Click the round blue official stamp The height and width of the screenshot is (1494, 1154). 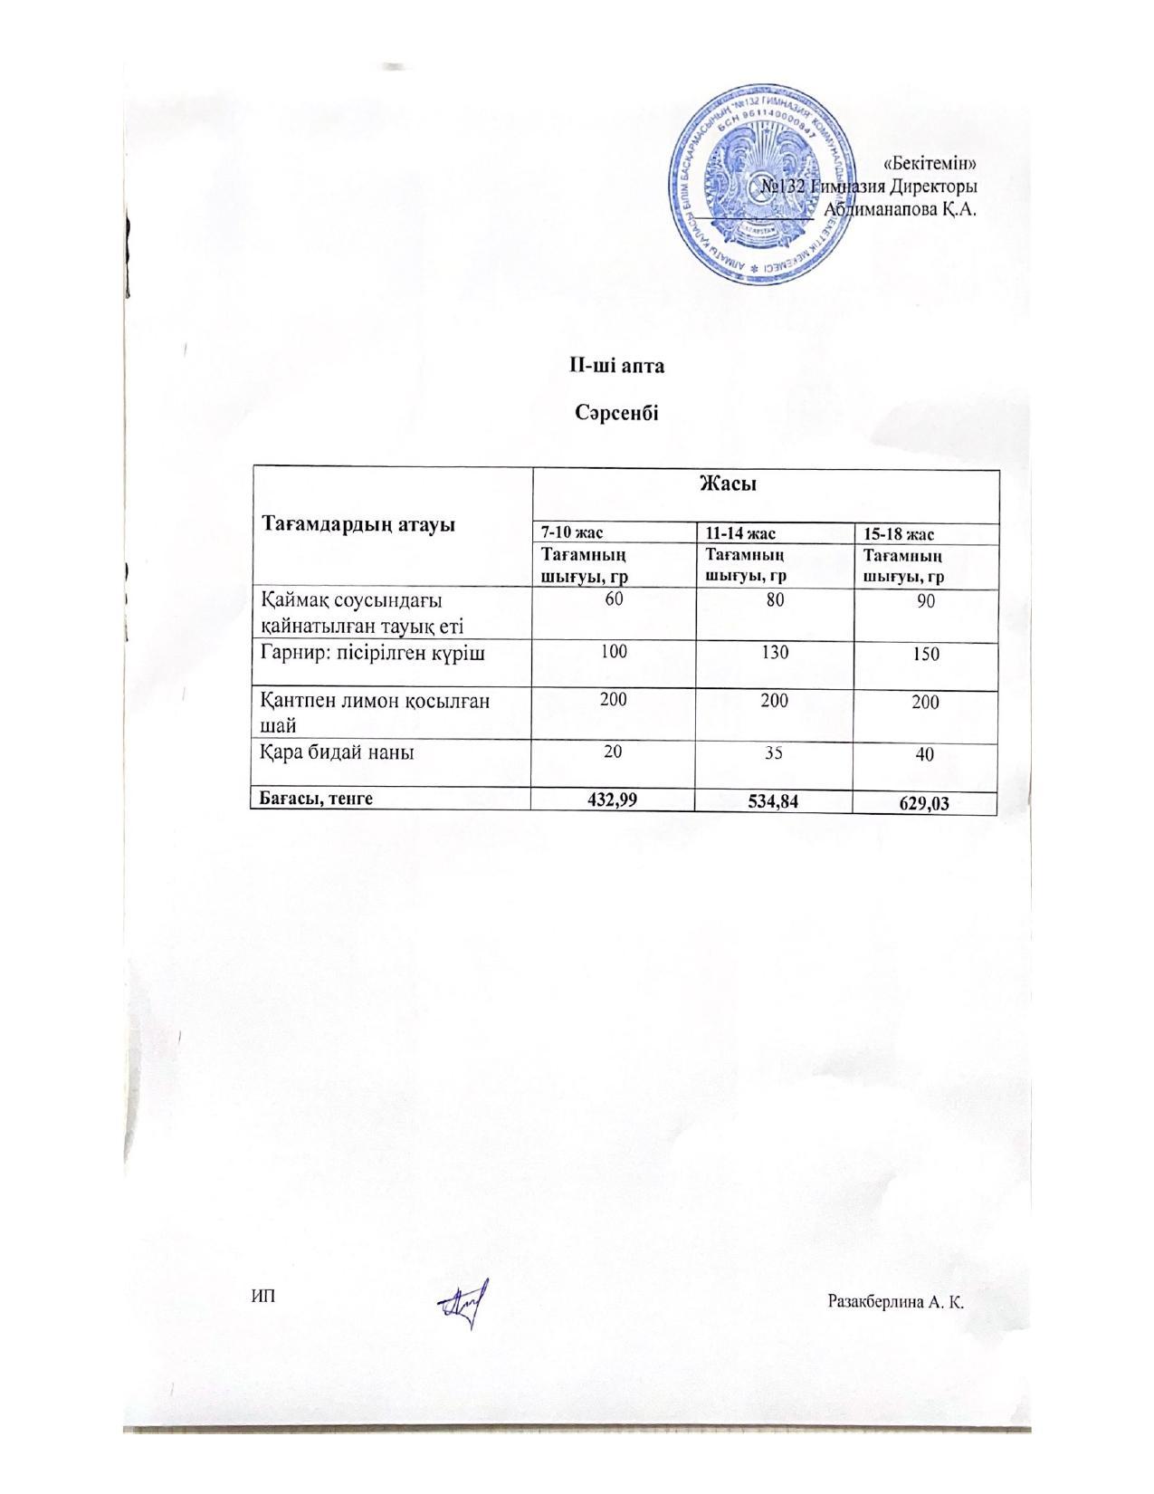pyautogui.click(x=766, y=187)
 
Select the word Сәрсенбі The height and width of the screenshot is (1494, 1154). pyautogui.click(x=616, y=414)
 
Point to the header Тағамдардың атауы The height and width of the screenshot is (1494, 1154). pyautogui.click(x=358, y=524)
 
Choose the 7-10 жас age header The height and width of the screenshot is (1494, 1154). pyautogui.click(x=572, y=533)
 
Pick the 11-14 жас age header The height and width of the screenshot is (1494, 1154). pyautogui.click(x=740, y=533)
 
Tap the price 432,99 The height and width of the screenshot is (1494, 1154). pyautogui.click(x=614, y=798)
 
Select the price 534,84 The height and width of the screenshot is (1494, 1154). pyautogui.click(x=775, y=800)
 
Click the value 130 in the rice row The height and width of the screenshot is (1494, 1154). pyautogui.click(x=775, y=652)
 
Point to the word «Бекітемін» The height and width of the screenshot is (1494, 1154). pyautogui.click(x=930, y=164)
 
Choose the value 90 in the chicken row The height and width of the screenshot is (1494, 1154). pyautogui.click(x=925, y=602)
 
